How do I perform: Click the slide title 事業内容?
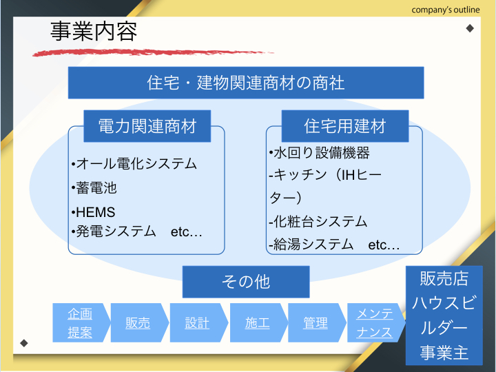coord(94,31)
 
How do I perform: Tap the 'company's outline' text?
coord(446,10)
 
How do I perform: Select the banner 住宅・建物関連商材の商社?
coord(246,83)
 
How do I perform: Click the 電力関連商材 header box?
coord(147,126)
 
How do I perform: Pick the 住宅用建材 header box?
coord(345,126)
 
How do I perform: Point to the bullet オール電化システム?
coord(134,163)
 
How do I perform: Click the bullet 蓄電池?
coord(94,187)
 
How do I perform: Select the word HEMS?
coord(96,212)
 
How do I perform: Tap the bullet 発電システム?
coord(114,231)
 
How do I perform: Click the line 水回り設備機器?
coord(319,153)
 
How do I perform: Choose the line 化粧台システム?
coord(318,221)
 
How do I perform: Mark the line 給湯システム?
coord(311,244)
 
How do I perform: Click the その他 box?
coord(246,282)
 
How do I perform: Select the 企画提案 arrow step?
coord(81,322)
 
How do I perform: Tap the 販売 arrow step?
coord(139,322)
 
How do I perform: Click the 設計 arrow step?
coord(198,322)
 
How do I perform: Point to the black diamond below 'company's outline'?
coord(470,28)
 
